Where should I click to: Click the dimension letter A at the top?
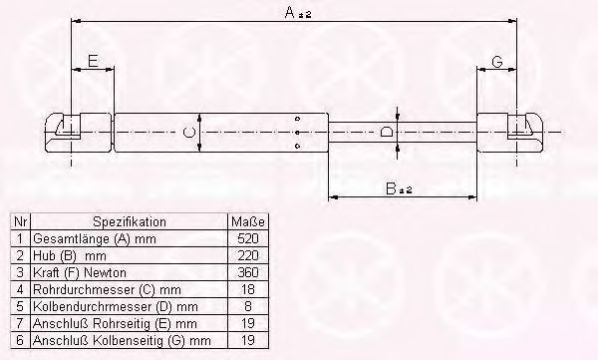[x=290, y=12]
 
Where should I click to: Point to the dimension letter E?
[x=93, y=61]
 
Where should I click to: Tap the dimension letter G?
[x=497, y=61]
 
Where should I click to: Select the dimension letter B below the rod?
[x=391, y=188]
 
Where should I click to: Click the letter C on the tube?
[x=188, y=132]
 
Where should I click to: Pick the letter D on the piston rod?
[x=386, y=132]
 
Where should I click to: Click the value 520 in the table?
[x=248, y=238]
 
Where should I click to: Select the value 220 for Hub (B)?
[x=248, y=255]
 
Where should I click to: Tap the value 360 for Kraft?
[x=248, y=272]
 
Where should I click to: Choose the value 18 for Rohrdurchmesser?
[x=248, y=289]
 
